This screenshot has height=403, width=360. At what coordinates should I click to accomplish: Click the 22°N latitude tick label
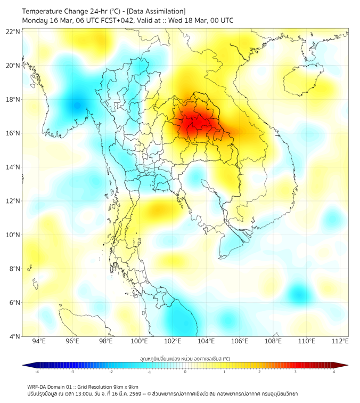tap(13, 31)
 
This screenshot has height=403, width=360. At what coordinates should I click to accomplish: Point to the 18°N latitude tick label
tap(13, 100)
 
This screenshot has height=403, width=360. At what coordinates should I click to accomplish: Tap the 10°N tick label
tap(13, 235)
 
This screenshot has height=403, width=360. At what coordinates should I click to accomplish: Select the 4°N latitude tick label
tap(14, 336)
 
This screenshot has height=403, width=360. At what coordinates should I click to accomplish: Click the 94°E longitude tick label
tap(39, 341)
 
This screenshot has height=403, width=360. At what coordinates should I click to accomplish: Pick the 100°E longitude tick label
tap(139, 341)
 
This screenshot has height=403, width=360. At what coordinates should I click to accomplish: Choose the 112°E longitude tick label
tap(340, 341)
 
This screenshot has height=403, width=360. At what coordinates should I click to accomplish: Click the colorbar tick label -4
tap(37, 371)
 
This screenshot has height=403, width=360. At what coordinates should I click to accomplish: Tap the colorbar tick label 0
tap(185, 371)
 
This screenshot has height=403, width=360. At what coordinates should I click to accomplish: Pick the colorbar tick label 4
tap(334, 371)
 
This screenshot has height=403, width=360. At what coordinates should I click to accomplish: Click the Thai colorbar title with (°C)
tap(185, 359)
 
